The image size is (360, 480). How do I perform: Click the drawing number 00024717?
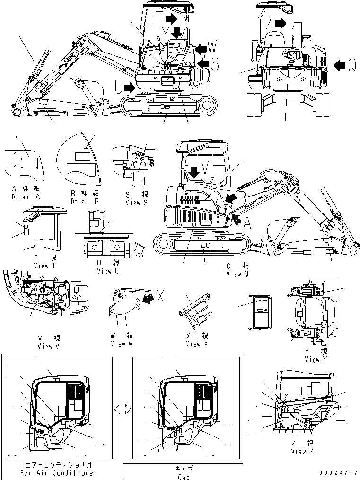(338, 472)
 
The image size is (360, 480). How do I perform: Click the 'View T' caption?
(45, 266)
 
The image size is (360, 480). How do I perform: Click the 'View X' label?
(193, 344)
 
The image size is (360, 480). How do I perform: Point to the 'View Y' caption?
(312, 360)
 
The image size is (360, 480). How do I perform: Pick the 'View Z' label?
(299, 452)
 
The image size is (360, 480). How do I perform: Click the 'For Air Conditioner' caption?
(58, 473)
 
